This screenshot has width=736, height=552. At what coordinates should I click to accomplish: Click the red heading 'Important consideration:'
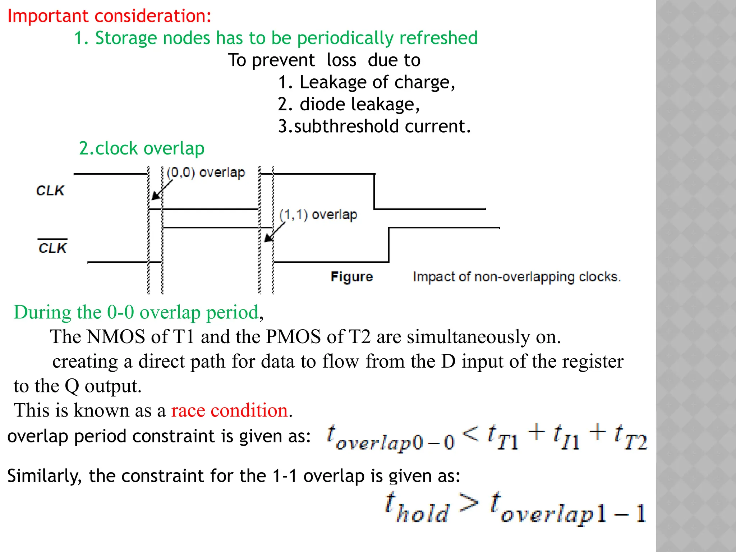[x=109, y=16]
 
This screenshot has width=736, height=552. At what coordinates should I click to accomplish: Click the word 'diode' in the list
[x=322, y=104]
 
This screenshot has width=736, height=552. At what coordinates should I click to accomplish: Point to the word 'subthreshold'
[x=346, y=126]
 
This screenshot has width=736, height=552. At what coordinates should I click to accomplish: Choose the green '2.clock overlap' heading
[x=142, y=148]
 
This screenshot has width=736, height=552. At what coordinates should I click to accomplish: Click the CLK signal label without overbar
[x=50, y=190]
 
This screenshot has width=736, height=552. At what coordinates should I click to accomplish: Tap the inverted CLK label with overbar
[x=52, y=248]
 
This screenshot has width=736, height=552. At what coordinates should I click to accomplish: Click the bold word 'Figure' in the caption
[x=351, y=277]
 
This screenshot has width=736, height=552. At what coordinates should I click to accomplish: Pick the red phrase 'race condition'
[x=229, y=410]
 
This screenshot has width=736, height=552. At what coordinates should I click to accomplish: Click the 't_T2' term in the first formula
[x=631, y=438]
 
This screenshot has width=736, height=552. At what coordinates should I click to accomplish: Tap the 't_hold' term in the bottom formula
[x=417, y=508]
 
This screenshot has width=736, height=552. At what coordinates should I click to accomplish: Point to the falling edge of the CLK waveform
[x=374, y=191]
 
